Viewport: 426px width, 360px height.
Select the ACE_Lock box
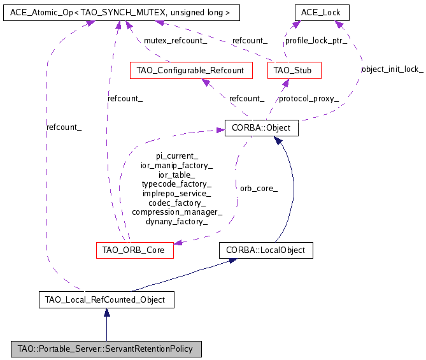322,12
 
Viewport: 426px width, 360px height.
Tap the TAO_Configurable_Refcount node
190,69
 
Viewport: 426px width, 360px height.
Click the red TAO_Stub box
294,69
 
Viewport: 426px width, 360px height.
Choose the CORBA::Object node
261,128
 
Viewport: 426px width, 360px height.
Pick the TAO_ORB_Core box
134,250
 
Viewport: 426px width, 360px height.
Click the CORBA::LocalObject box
266,250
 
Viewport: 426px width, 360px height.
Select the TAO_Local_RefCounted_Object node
106,299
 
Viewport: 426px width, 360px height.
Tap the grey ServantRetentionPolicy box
106,349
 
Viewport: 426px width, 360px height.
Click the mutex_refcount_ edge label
175,41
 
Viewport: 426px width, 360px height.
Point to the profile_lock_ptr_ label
316,41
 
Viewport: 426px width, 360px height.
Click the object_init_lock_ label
392,69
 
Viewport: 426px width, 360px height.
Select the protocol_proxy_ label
309,99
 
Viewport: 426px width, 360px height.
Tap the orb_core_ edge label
259,189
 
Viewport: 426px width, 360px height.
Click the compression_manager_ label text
176,212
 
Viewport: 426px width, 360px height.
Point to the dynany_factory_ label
176,222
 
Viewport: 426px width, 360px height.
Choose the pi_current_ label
176,155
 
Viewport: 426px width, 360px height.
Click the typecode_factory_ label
176,184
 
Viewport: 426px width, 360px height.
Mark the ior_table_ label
176,174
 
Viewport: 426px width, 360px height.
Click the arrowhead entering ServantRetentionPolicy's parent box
106,312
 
